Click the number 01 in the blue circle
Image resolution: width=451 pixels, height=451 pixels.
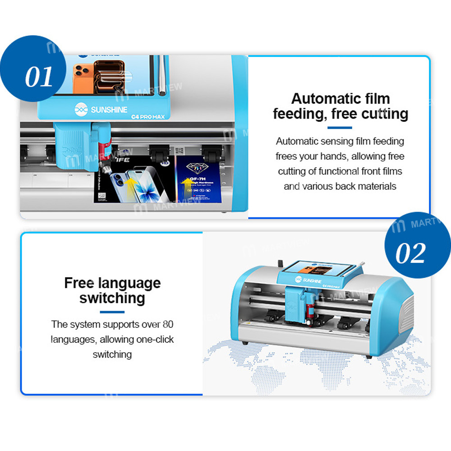coord(39,77)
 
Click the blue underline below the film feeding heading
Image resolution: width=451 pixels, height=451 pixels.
coord(340,127)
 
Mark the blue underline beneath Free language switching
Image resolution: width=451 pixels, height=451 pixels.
coord(112,312)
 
